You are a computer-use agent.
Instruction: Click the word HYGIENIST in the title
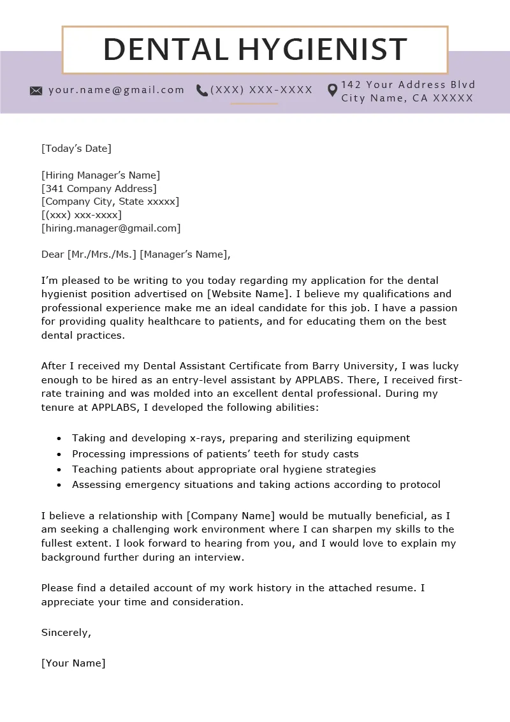tap(323, 50)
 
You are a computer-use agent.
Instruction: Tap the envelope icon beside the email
tap(36, 91)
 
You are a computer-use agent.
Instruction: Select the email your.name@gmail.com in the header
tap(116, 90)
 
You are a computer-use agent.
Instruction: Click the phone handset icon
tap(202, 91)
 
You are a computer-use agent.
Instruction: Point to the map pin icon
tap(332, 91)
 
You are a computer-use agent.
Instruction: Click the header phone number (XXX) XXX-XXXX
tap(261, 90)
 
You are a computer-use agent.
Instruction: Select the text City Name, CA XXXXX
tap(407, 98)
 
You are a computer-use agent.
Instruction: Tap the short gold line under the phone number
tap(254, 103)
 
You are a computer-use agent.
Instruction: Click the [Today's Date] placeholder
tap(76, 149)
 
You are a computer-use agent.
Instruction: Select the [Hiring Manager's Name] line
tap(101, 175)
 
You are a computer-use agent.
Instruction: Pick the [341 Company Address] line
tap(99, 188)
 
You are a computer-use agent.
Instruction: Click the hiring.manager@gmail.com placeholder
tap(111, 228)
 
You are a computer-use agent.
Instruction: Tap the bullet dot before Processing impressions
tap(59, 455)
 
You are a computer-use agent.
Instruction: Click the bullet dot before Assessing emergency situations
tap(59, 485)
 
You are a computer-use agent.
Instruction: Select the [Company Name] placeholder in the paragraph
tap(231, 515)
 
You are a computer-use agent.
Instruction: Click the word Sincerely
tap(66, 633)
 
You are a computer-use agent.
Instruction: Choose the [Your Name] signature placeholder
tap(73, 663)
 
